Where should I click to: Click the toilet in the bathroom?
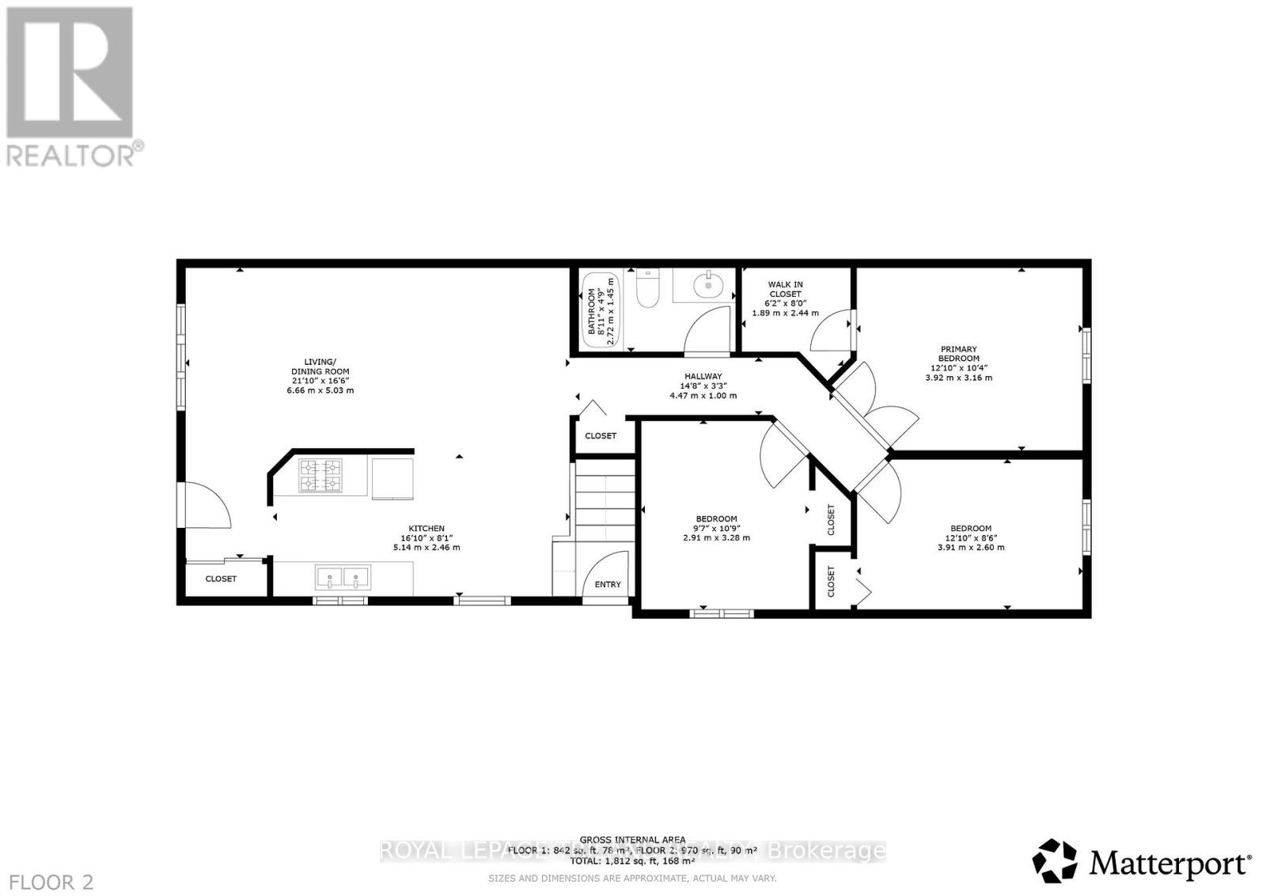pyautogui.click(x=648, y=290)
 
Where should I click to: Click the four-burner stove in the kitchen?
pyautogui.click(x=320, y=476)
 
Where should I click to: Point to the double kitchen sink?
pyautogui.click(x=343, y=577)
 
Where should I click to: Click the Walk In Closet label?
pyautogui.click(x=785, y=289)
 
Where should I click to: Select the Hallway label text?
pyautogui.click(x=703, y=377)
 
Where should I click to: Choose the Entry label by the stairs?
pyautogui.click(x=608, y=584)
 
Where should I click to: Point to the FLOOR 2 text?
pyautogui.click(x=47, y=882)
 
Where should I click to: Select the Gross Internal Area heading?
pyautogui.click(x=632, y=840)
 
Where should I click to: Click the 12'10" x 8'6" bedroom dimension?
pyautogui.click(x=970, y=538)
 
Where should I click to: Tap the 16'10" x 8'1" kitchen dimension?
pyautogui.click(x=426, y=538)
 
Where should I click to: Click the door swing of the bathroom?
pyautogui.click(x=706, y=332)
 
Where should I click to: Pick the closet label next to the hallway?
pyautogui.click(x=601, y=436)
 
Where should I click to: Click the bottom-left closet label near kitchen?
pyautogui.click(x=221, y=579)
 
